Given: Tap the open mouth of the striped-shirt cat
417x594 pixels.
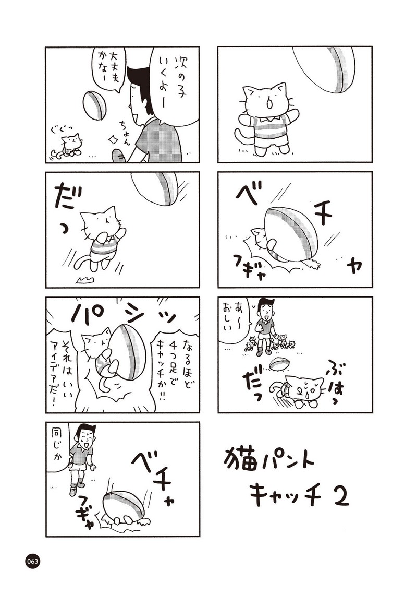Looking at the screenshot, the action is pos(271,103).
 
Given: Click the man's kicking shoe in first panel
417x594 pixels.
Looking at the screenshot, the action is pos(119,156).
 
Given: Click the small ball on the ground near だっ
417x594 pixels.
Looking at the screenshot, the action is pos(278,364).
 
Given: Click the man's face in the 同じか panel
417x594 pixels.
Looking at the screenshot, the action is pos(86,436).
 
